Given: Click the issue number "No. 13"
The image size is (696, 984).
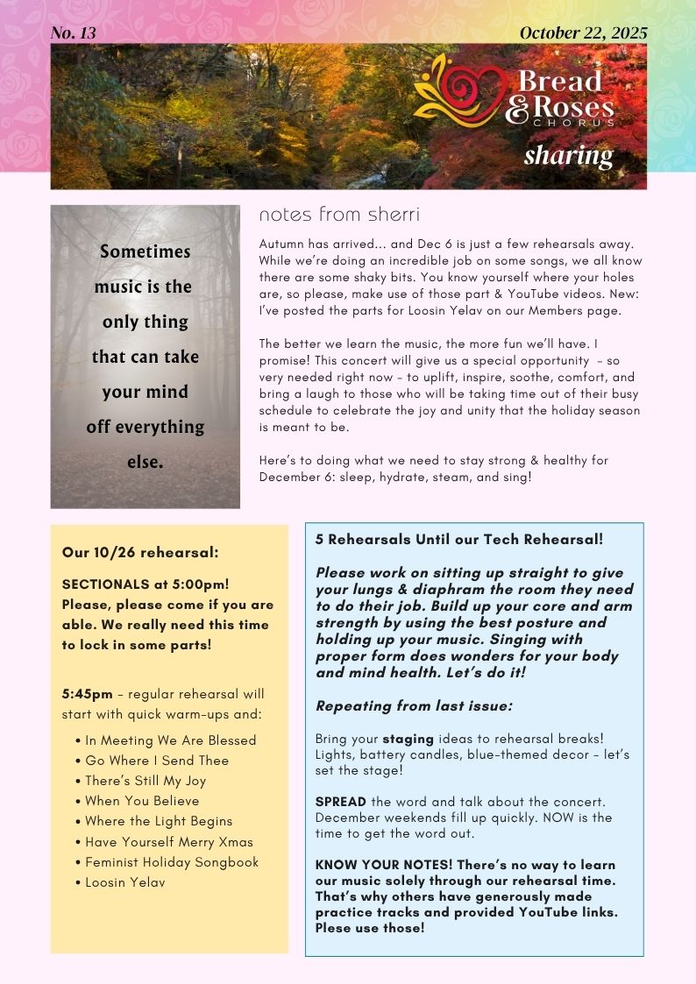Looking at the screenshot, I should (74, 33).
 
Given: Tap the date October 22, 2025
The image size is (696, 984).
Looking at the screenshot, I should (583, 33).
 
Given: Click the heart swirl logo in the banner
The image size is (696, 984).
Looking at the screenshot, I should (461, 89).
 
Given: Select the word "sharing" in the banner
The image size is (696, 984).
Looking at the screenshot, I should (568, 156).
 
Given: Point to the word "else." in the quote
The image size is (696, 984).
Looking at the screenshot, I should (146, 462).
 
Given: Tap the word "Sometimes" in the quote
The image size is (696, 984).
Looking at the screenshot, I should (146, 251).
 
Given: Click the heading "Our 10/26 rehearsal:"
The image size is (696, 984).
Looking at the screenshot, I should (140, 552).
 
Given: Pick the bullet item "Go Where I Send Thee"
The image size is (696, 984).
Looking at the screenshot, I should (157, 761).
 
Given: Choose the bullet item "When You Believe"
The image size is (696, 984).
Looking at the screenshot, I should (142, 801).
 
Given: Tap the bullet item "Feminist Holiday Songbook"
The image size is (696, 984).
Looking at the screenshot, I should (172, 862).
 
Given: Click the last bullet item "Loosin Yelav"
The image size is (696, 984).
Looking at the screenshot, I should (125, 882).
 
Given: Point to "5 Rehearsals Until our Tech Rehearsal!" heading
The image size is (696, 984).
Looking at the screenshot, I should (459, 540).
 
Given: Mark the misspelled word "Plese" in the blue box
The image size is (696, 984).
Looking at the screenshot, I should (333, 928).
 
